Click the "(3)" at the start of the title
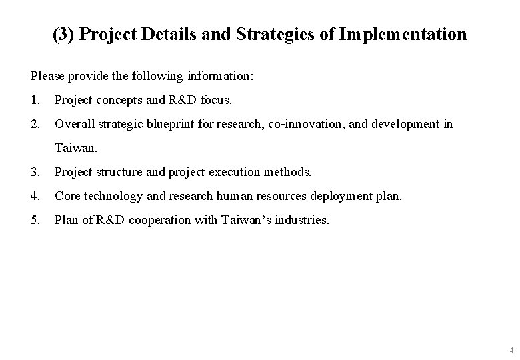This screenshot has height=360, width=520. (x=63, y=34)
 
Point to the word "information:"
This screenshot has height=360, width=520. (x=219, y=77)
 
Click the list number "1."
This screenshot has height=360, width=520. (x=35, y=101)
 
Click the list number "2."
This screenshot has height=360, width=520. (x=35, y=124)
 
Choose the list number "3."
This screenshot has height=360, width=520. (x=35, y=172)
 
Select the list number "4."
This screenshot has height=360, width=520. (x=35, y=196)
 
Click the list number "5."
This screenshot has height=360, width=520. (x=35, y=219)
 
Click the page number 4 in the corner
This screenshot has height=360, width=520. (x=511, y=350)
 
